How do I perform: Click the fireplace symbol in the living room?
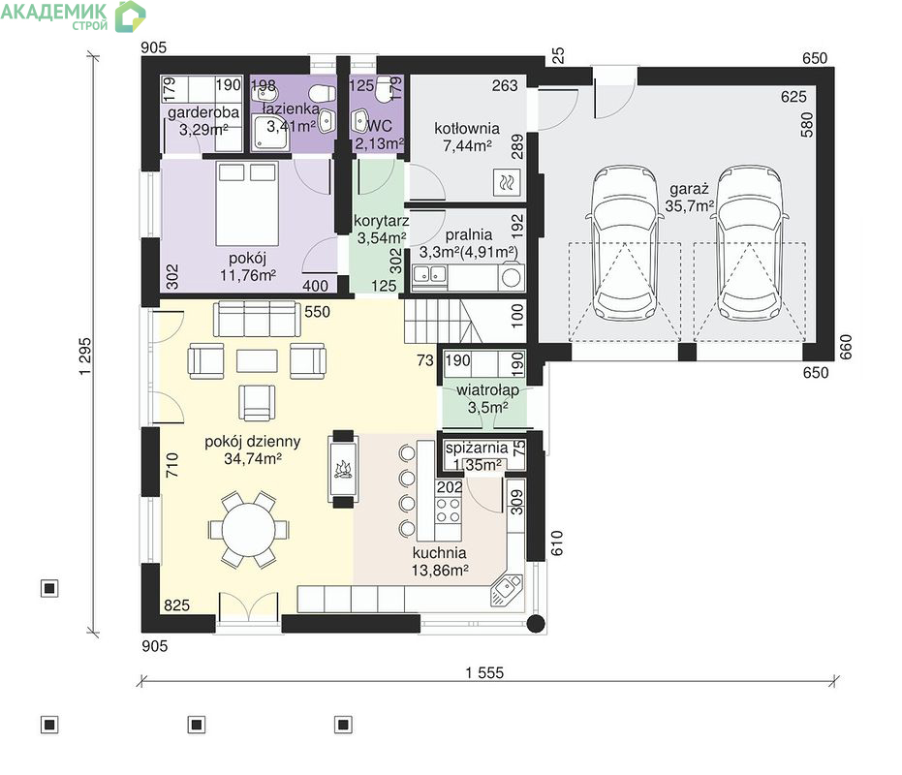343,469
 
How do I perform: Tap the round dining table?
249,530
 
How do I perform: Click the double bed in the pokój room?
247,203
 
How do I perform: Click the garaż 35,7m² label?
689,198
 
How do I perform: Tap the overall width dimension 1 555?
484,672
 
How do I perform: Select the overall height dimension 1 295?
85,356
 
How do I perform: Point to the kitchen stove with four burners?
449,510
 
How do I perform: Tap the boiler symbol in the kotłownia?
507,183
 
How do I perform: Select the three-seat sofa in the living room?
257,320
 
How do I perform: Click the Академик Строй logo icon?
130,16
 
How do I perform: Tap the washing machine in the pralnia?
512,277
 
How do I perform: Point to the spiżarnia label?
477,448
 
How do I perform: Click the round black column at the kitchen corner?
536,624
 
